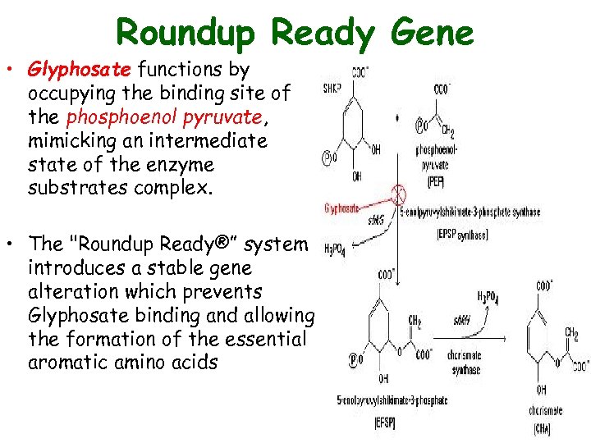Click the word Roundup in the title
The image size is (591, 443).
click(188, 33)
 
